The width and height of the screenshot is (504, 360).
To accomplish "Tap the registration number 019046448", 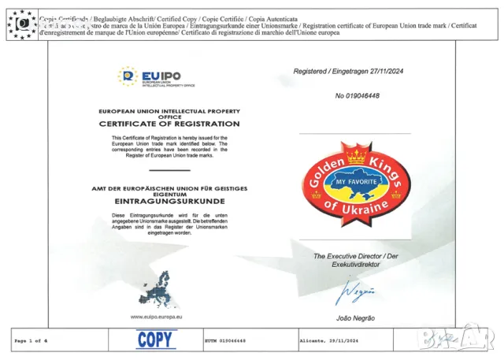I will pos(357,96).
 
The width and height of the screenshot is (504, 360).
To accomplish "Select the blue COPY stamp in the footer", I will pos(157,340).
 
